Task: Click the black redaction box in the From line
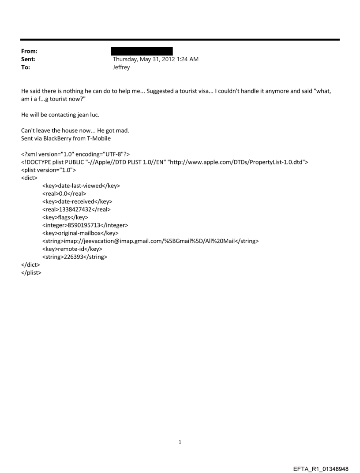pyautogui.click(x=142, y=51)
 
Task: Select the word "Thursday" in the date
pyautogui.click(x=126, y=60)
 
